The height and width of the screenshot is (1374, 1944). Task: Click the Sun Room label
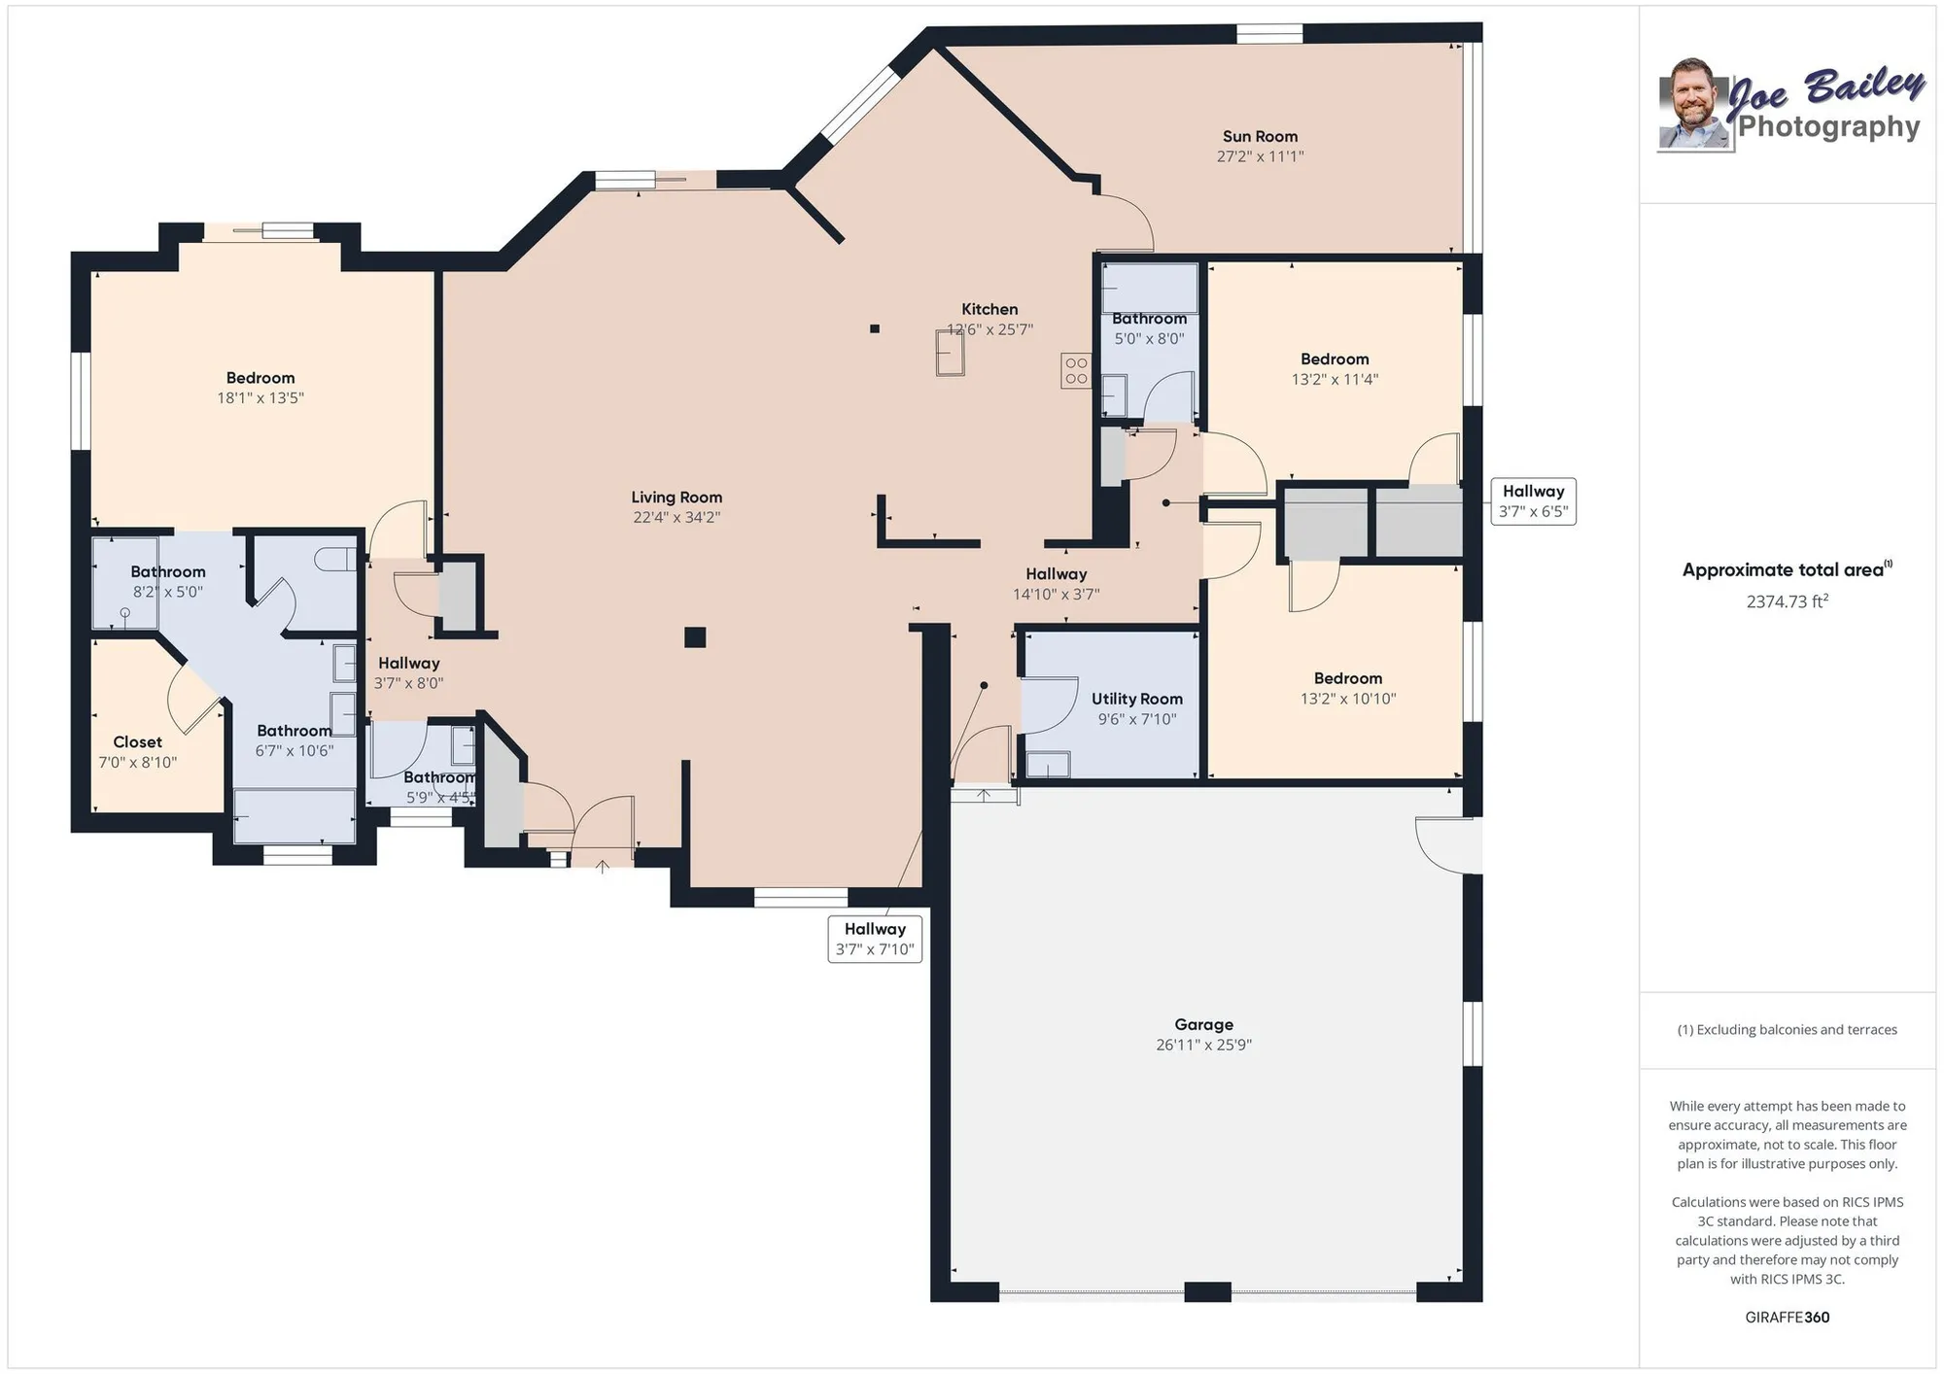[x=1260, y=137]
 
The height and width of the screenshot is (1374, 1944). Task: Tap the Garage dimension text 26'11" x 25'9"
[x=1203, y=1046]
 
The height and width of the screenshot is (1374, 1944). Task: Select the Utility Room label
[x=1136, y=699]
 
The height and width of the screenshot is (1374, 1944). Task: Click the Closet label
[x=137, y=742]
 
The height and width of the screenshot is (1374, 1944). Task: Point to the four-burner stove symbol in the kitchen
[x=1075, y=370]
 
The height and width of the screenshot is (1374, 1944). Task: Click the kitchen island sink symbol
[x=950, y=353]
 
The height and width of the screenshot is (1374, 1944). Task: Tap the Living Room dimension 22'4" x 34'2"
[x=677, y=518]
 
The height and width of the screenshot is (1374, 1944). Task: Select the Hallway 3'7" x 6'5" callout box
[x=1533, y=501]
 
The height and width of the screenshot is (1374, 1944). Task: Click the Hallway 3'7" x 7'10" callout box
[x=875, y=939]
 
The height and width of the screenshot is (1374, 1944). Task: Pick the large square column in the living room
[x=694, y=637]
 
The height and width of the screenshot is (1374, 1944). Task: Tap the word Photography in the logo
[x=1828, y=127]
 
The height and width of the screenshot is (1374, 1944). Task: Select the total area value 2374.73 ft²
[x=1787, y=601]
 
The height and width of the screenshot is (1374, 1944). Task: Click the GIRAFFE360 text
[x=1787, y=1318]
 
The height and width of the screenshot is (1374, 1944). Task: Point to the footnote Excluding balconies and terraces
[x=1787, y=1030]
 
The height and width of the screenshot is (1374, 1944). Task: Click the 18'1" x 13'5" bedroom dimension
[x=260, y=398]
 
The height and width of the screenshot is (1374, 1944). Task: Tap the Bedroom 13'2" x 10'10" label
[x=1347, y=678]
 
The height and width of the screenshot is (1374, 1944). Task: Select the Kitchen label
[x=989, y=309]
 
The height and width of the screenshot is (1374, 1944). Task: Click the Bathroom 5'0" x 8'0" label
[x=1149, y=319]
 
